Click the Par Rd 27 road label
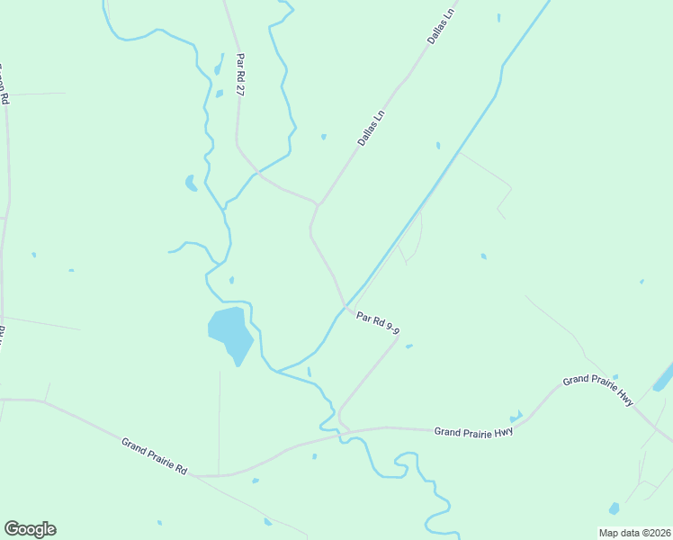[x=241, y=75]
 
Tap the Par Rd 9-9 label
[x=377, y=323]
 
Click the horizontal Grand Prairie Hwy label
[x=473, y=432]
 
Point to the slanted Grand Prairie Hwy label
[x=598, y=392]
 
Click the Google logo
[x=30, y=529]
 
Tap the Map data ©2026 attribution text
[x=634, y=533]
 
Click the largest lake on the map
[x=230, y=330]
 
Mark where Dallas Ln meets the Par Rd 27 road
[x=318, y=204]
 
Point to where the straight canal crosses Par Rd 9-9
[x=346, y=308]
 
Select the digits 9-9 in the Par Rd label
[x=390, y=330]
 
